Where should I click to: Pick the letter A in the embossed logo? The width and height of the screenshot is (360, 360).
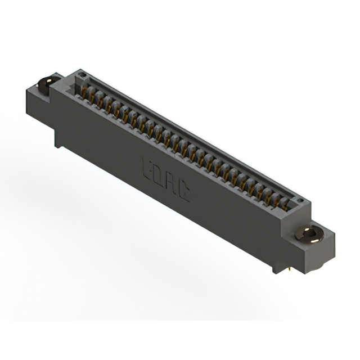point(170,183)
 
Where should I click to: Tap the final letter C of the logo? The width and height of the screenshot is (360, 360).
point(183,192)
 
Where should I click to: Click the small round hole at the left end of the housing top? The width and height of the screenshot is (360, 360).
point(82,74)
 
